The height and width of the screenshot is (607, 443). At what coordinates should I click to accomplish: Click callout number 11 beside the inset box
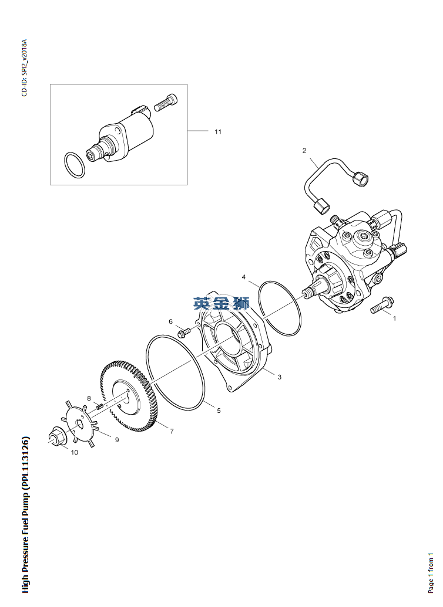pos(218,131)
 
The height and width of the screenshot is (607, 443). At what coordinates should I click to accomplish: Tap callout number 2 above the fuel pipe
pos(304,150)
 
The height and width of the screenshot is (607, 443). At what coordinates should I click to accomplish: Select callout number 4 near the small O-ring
pos(244,277)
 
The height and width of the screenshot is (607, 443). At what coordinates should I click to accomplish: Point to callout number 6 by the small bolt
pos(171,322)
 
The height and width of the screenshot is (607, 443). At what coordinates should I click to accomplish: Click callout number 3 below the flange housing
pos(279,377)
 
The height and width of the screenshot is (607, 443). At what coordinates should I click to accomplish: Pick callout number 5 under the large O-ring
pos(219,411)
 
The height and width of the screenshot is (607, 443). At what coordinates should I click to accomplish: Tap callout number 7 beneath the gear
pos(172,431)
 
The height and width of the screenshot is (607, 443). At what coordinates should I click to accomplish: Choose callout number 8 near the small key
pos(89,398)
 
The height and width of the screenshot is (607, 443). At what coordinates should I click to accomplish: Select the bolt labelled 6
pos(184,332)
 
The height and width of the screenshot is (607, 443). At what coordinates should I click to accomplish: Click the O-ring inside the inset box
pos(73,165)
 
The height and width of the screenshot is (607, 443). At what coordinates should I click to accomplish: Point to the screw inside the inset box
pos(166,102)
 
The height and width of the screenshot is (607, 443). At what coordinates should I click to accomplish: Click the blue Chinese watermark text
pos(221,303)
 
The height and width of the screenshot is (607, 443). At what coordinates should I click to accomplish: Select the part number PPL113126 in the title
pos(26,463)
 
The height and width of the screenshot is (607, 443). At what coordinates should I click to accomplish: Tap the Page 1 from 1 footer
pos(431,572)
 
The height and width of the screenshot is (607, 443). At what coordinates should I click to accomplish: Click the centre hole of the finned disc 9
pos(80,423)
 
